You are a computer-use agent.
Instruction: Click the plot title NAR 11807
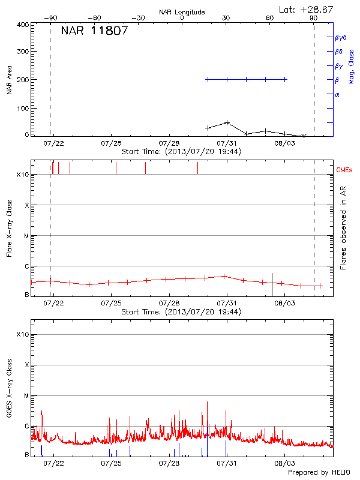(x=94, y=32)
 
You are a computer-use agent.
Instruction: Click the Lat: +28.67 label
(x=307, y=9)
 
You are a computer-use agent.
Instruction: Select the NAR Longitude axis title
(x=182, y=12)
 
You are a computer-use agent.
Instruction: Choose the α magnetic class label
(x=337, y=94)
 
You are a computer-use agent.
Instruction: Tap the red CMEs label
(x=344, y=170)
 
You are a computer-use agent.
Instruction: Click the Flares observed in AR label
(x=343, y=227)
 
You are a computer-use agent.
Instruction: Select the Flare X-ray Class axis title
(x=9, y=227)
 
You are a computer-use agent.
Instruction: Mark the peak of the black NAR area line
(x=227, y=122)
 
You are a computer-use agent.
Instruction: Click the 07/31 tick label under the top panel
(x=227, y=143)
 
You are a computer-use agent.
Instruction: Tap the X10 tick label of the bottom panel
(x=22, y=334)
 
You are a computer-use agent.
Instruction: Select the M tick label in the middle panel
(x=26, y=236)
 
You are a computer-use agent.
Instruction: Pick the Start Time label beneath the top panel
(x=181, y=152)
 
